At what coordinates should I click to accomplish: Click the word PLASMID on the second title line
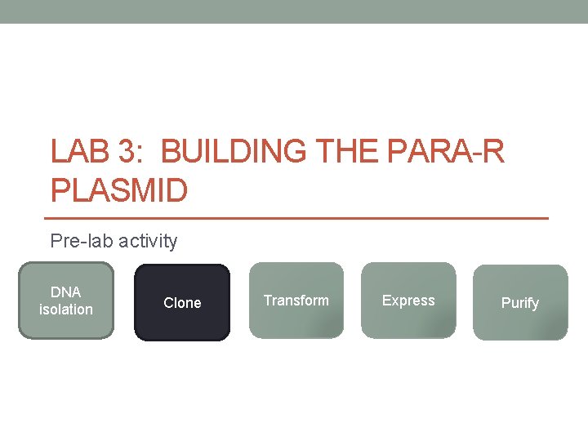point(119,191)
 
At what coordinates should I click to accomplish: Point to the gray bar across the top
point(294,11)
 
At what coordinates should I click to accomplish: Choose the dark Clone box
point(181,303)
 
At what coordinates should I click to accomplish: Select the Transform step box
point(296,301)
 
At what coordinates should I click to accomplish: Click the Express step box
point(408,301)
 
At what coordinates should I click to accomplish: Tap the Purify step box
point(520,303)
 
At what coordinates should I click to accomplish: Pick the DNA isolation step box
point(66,301)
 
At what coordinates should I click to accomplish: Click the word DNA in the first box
point(66,292)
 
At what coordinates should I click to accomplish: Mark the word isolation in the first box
point(66,310)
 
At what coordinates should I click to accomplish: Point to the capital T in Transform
point(267,301)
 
